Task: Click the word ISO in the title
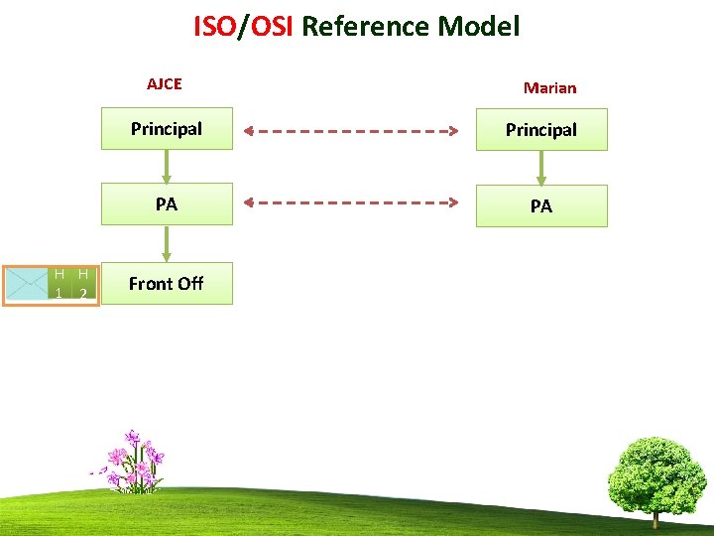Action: click(x=215, y=26)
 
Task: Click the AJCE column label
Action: click(x=165, y=84)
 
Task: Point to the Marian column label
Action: click(x=549, y=87)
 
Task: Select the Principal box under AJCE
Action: click(x=167, y=129)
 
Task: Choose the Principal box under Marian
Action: click(x=541, y=130)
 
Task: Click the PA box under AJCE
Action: click(x=167, y=204)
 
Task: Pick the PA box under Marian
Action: click(x=541, y=206)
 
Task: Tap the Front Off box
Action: click(x=167, y=283)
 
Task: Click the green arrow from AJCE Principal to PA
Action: click(x=167, y=167)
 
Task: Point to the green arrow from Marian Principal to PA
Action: click(x=541, y=168)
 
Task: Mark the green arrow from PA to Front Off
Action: click(x=167, y=244)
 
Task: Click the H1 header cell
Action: click(x=59, y=284)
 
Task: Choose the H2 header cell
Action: click(x=84, y=284)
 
